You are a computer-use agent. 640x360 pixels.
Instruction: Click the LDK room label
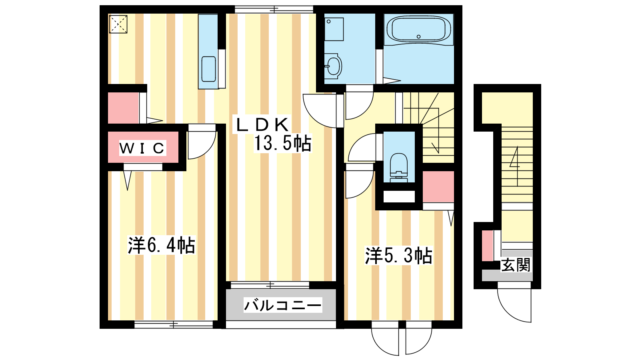pyautogui.click(x=262, y=125)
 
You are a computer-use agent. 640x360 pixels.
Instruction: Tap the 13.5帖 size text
pyautogui.click(x=282, y=143)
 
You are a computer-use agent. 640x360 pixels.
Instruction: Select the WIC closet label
pyautogui.click(x=142, y=148)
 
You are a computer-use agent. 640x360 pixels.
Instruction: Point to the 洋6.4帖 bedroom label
pyautogui.click(x=162, y=246)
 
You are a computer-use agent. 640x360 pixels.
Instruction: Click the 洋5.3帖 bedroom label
pyautogui.click(x=398, y=256)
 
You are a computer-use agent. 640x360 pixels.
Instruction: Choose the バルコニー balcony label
pyautogui.click(x=282, y=305)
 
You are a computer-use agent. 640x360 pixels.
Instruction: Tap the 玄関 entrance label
pyautogui.click(x=516, y=265)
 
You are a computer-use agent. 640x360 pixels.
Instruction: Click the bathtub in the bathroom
pyautogui.click(x=418, y=29)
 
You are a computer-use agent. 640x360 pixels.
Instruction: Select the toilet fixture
pyautogui.click(x=398, y=168)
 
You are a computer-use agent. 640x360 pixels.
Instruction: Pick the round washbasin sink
pyautogui.click(x=333, y=66)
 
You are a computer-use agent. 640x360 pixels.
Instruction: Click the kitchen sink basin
pyautogui.click(x=208, y=69)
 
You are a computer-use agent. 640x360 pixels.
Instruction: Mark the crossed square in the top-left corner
pyautogui.click(x=118, y=24)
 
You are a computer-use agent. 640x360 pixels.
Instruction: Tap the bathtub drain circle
pyautogui.click(x=418, y=36)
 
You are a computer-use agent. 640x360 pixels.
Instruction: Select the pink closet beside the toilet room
pyautogui.click(x=438, y=187)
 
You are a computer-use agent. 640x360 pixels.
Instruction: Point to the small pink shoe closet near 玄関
pyautogui.click(x=488, y=246)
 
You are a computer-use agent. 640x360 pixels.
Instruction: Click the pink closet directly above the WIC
pyautogui.click(x=123, y=108)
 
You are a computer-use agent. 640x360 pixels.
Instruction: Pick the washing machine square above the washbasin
pyautogui.click(x=334, y=30)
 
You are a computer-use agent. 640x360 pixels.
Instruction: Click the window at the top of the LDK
pyautogui.click(x=274, y=10)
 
